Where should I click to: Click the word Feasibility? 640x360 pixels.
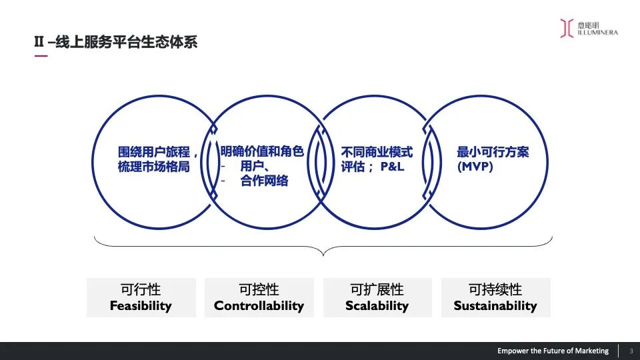[141, 306]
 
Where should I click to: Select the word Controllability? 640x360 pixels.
[259, 306]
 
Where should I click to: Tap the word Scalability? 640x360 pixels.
[377, 306]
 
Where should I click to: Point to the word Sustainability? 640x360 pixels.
[495, 306]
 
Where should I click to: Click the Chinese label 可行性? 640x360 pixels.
[141, 290]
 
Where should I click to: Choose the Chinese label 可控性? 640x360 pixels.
[259, 290]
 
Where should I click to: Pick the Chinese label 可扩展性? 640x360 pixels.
[377, 290]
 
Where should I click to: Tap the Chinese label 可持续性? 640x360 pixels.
[495, 290]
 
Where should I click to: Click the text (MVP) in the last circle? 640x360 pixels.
[475, 167]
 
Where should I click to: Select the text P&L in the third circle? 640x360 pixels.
[393, 167]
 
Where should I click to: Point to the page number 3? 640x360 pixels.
[631, 351]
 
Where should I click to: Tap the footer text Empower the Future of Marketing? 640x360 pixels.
[553, 351]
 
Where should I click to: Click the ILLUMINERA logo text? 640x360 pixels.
[598, 32]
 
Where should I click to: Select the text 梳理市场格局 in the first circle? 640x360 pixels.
[154, 167]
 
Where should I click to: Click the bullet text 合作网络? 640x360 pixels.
[265, 181]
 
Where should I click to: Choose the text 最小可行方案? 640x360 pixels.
[493, 152]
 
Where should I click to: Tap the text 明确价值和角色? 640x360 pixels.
[262, 152]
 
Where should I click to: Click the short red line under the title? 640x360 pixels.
[41, 56]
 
